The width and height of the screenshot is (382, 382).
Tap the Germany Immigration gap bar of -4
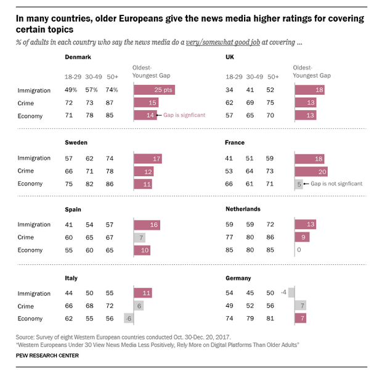(291, 292)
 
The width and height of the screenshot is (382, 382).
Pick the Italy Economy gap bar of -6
(129, 319)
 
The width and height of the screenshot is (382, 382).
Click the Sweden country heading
(76, 142)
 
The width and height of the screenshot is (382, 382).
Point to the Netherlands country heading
(243, 209)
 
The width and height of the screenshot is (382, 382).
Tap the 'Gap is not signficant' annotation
(335, 184)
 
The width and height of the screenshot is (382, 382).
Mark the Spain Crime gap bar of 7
(139, 237)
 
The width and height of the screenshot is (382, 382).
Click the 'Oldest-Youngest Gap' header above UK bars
(311, 71)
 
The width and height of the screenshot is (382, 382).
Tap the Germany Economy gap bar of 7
(300, 319)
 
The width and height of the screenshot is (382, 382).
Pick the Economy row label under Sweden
(30, 184)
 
